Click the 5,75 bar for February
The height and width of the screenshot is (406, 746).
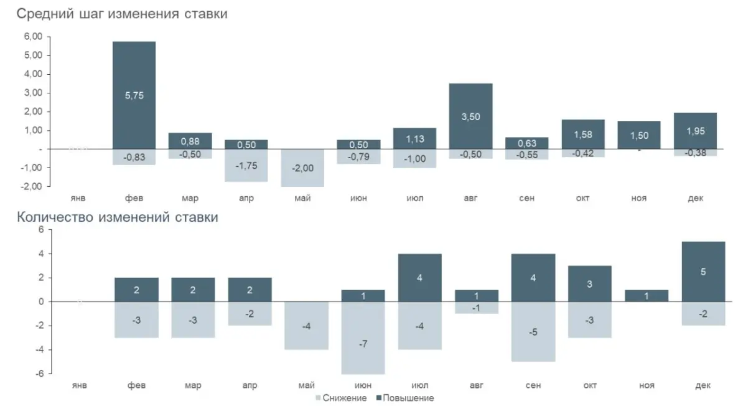134,95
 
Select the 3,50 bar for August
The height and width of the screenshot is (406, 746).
470,116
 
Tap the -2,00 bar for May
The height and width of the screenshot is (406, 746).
302,168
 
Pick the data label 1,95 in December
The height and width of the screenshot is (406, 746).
695,131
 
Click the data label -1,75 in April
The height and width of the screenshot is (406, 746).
246,166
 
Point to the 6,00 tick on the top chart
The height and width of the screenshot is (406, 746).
34,37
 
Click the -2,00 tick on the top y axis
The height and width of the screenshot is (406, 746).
32,186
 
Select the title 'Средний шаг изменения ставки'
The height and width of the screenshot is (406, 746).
122,14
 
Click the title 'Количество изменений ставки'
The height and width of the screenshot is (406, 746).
118,217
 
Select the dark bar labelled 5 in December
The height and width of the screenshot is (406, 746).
703,271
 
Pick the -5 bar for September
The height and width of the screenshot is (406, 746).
533,331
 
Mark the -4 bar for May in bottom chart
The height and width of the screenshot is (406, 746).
306,326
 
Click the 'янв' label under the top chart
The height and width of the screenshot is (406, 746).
78,198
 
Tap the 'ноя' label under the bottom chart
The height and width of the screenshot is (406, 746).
646,385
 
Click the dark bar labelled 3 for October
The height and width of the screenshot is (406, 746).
589,283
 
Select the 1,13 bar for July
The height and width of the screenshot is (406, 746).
414,138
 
